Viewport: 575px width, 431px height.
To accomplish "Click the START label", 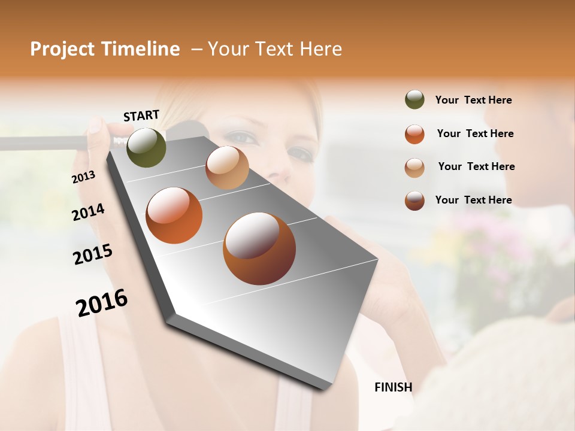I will coord(141,116).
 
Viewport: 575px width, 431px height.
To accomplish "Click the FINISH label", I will coord(394,387).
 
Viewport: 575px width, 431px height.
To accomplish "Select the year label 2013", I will coord(84,177).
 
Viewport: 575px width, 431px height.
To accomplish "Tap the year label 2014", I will coord(88,212).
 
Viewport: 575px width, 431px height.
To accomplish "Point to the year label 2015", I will coord(93,254).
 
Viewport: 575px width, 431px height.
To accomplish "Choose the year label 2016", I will coord(102,302).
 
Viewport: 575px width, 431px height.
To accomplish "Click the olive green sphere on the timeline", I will coord(146,147).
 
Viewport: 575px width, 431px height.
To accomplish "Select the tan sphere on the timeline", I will coord(227,167).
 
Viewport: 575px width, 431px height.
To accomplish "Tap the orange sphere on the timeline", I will coord(174,215).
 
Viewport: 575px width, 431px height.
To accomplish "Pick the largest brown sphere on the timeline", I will coord(259,248).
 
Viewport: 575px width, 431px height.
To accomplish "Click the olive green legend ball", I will coord(414,99).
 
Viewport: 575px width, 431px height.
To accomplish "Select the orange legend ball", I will coord(414,133).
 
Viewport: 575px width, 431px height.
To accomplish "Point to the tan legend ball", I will coord(414,167).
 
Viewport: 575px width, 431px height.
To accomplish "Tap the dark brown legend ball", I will coord(414,200).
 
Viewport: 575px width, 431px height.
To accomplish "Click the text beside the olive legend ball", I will coord(473,100).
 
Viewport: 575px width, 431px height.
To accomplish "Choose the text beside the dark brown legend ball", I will coord(473,200).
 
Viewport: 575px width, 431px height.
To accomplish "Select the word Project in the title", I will coord(62,50).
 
